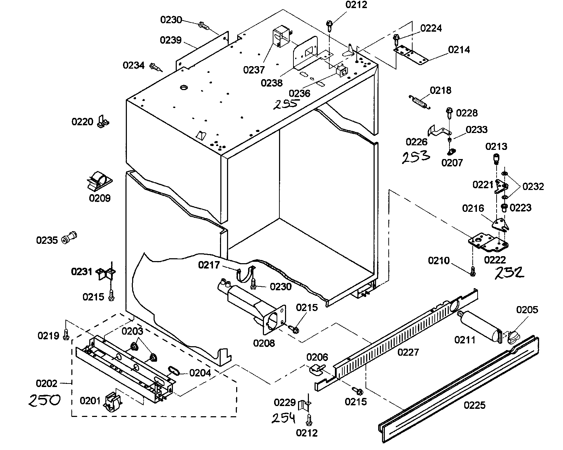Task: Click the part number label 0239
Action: click(171, 40)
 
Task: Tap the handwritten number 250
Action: click(44, 400)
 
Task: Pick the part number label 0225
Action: click(474, 405)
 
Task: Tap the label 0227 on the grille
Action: click(408, 352)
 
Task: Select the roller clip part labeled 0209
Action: click(99, 180)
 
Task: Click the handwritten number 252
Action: click(510, 273)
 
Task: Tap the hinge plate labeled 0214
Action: click(410, 55)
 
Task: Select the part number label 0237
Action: click(253, 70)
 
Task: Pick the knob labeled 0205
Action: click(513, 336)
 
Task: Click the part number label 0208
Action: click(264, 343)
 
